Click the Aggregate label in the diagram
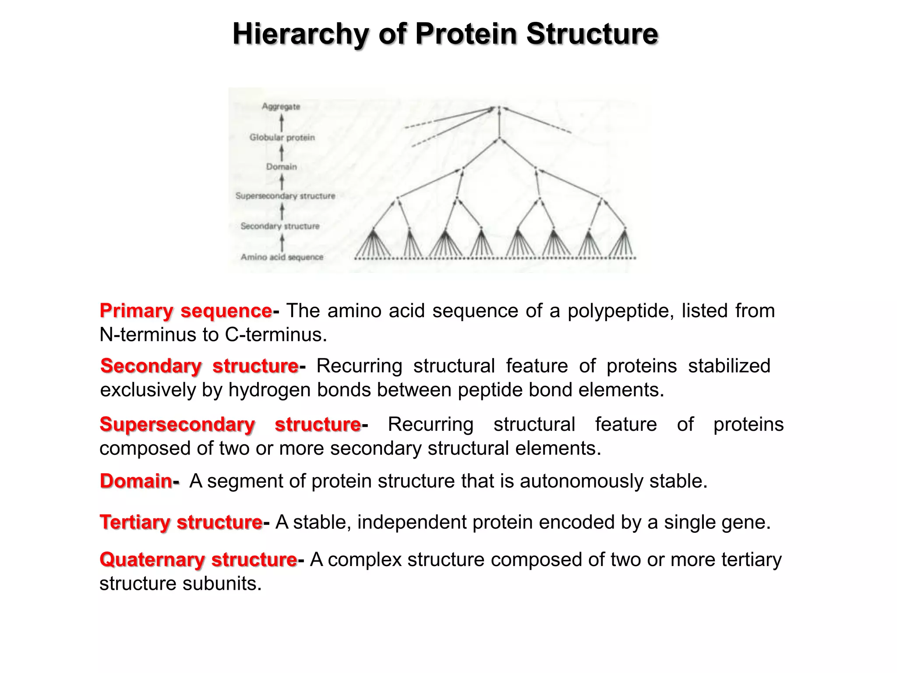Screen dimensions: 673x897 pyautogui.click(x=281, y=106)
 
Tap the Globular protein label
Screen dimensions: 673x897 pyautogui.click(x=282, y=138)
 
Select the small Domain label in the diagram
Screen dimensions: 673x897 pyautogui.click(x=282, y=167)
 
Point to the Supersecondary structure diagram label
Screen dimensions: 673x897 pyautogui.click(x=285, y=196)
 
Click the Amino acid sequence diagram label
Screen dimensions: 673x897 pyautogui.click(x=282, y=257)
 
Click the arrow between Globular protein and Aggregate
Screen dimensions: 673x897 pyautogui.click(x=282, y=122)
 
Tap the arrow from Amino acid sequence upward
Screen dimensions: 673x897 pyautogui.click(x=282, y=242)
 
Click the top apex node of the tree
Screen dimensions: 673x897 pyautogui.click(x=499, y=107)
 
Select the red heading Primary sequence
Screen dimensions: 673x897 pyautogui.click(x=186, y=311)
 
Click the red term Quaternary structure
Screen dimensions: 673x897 pyautogui.click(x=198, y=560)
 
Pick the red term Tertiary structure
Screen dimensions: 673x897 pyautogui.click(x=181, y=522)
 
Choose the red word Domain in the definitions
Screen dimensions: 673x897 pyautogui.click(x=136, y=481)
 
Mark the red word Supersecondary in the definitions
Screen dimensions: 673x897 pyautogui.click(x=177, y=425)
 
